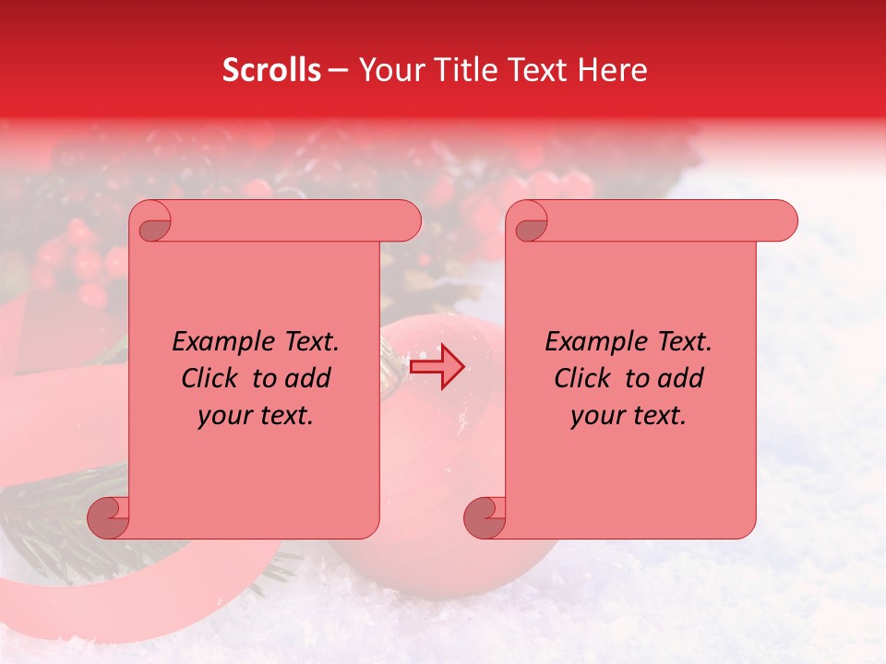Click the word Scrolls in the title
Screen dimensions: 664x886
pos(272,70)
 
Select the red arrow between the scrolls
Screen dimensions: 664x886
pos(437,366)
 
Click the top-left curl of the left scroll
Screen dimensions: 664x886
pos(152,222)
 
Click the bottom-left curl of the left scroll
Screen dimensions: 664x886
pos(107,516)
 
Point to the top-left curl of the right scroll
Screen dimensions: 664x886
pos(529,222)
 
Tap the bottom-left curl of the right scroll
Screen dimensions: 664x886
pos(484,516)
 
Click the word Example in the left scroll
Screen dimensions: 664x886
pos(218,342)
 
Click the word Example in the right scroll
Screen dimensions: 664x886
pos(591,342)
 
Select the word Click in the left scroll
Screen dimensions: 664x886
pos(211,378)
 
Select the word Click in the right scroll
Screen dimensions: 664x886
pos(584,378)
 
